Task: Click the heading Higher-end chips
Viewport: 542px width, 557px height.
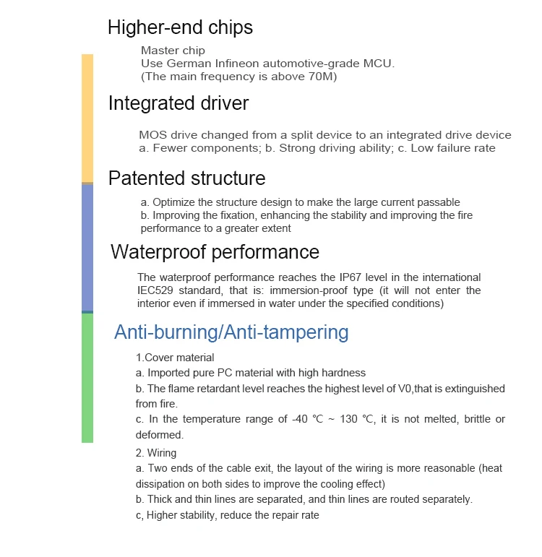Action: pos(180,28)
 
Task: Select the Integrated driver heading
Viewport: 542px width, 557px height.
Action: pos(178,103)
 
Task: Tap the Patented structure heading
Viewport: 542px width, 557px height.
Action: pos(186,178)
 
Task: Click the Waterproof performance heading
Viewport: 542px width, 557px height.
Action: pos(215,252)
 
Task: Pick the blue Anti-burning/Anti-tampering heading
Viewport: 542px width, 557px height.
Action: pos(231,332)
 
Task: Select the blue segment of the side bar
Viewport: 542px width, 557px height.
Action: pos(87,247)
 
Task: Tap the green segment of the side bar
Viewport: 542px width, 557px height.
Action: pos(87,377)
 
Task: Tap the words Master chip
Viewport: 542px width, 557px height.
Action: pos(173,51)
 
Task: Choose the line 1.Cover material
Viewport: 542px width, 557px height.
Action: pos(175,358)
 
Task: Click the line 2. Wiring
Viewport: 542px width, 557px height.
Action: pos(156,453)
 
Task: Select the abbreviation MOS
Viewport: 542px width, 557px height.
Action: pos(152,135)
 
